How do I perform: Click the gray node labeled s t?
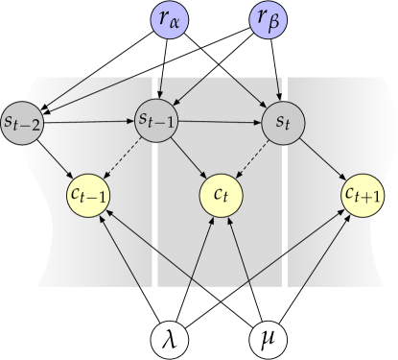pyautogui.click(x=282, y=123)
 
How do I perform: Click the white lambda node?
pyautogui.click(x=171, y=339)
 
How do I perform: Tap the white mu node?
pyautogui.click(x=269, y=339)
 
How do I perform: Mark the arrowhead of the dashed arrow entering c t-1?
pyautogui.click(x=106, y=180)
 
